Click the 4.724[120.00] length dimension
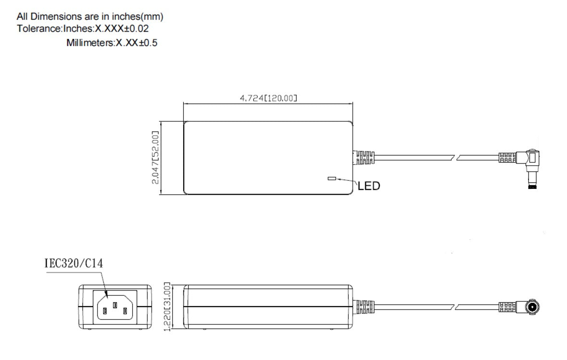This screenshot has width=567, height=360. (x=268, y=98)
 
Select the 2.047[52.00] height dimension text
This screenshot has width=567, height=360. (x=155, y=157)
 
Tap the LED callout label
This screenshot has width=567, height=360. (x=369, y=186)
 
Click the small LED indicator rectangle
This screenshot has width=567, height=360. (x=331, y=179)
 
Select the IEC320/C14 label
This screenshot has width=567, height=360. (x=74, y=263)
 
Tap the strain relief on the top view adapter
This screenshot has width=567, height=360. (x=365, y=157)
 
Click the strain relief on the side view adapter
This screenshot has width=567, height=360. (x=364, y=306)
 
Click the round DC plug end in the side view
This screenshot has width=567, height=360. (x=532, y=306)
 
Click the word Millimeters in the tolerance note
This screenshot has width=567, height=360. (x=89, y=43)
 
